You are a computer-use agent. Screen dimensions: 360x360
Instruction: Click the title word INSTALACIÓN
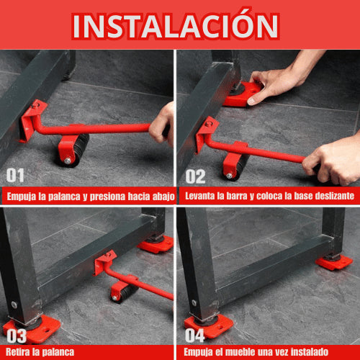pos(176,25)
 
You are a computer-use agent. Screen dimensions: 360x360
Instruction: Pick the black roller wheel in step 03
pos(123,292)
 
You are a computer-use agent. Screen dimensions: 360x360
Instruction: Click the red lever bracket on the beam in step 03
pos(105,262)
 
